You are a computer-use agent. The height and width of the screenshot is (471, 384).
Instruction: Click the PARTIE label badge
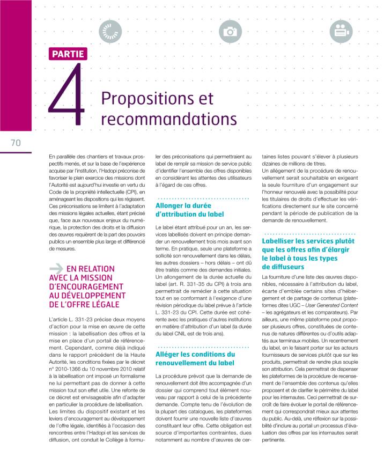click(x=68, y=54)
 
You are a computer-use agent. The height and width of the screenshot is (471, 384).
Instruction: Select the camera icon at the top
click(x=231, y=32)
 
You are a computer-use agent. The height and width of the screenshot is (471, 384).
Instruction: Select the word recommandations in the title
click(x=168, y=119)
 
